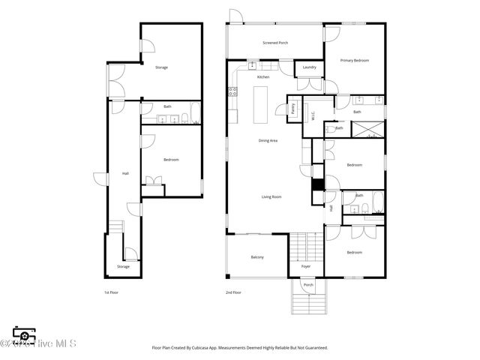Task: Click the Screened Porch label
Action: (x=275, y=43)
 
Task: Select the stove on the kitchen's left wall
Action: (x=232, y=92)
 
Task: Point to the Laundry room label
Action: (x=309, y=67)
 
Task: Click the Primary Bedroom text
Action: (x=354, y=60)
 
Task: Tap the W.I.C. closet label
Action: (x=313, y=115)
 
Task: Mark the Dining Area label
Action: (x=268, y=140)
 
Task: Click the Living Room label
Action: (x=271, y=196)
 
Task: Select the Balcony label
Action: (x=256, y=257)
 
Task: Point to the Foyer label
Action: (x=306, y=266)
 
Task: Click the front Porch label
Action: (x=308, y=285)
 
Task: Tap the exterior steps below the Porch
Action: (x=308, y=304)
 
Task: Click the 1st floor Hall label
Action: (x=125, y=173)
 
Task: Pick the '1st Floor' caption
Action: (x=111, y=292)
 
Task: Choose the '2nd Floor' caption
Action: (x=233, y=292)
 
